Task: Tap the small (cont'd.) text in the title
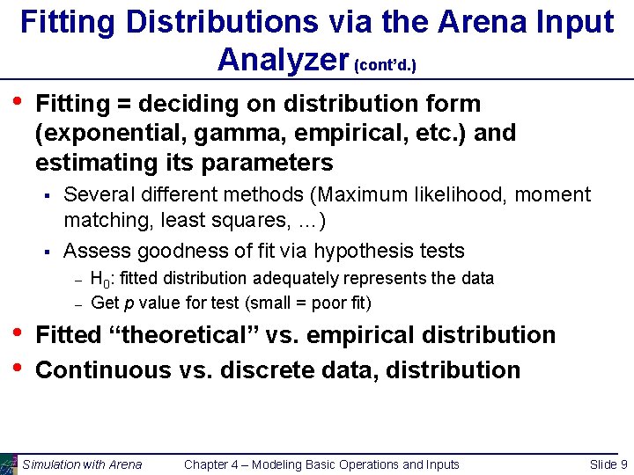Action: pos(385,65)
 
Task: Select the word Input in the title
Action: pos(569,22)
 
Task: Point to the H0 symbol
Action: pos(101,280)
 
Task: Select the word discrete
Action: pos(268,369)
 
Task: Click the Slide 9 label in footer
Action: pos(608,464)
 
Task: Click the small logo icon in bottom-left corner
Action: pos(9,464)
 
